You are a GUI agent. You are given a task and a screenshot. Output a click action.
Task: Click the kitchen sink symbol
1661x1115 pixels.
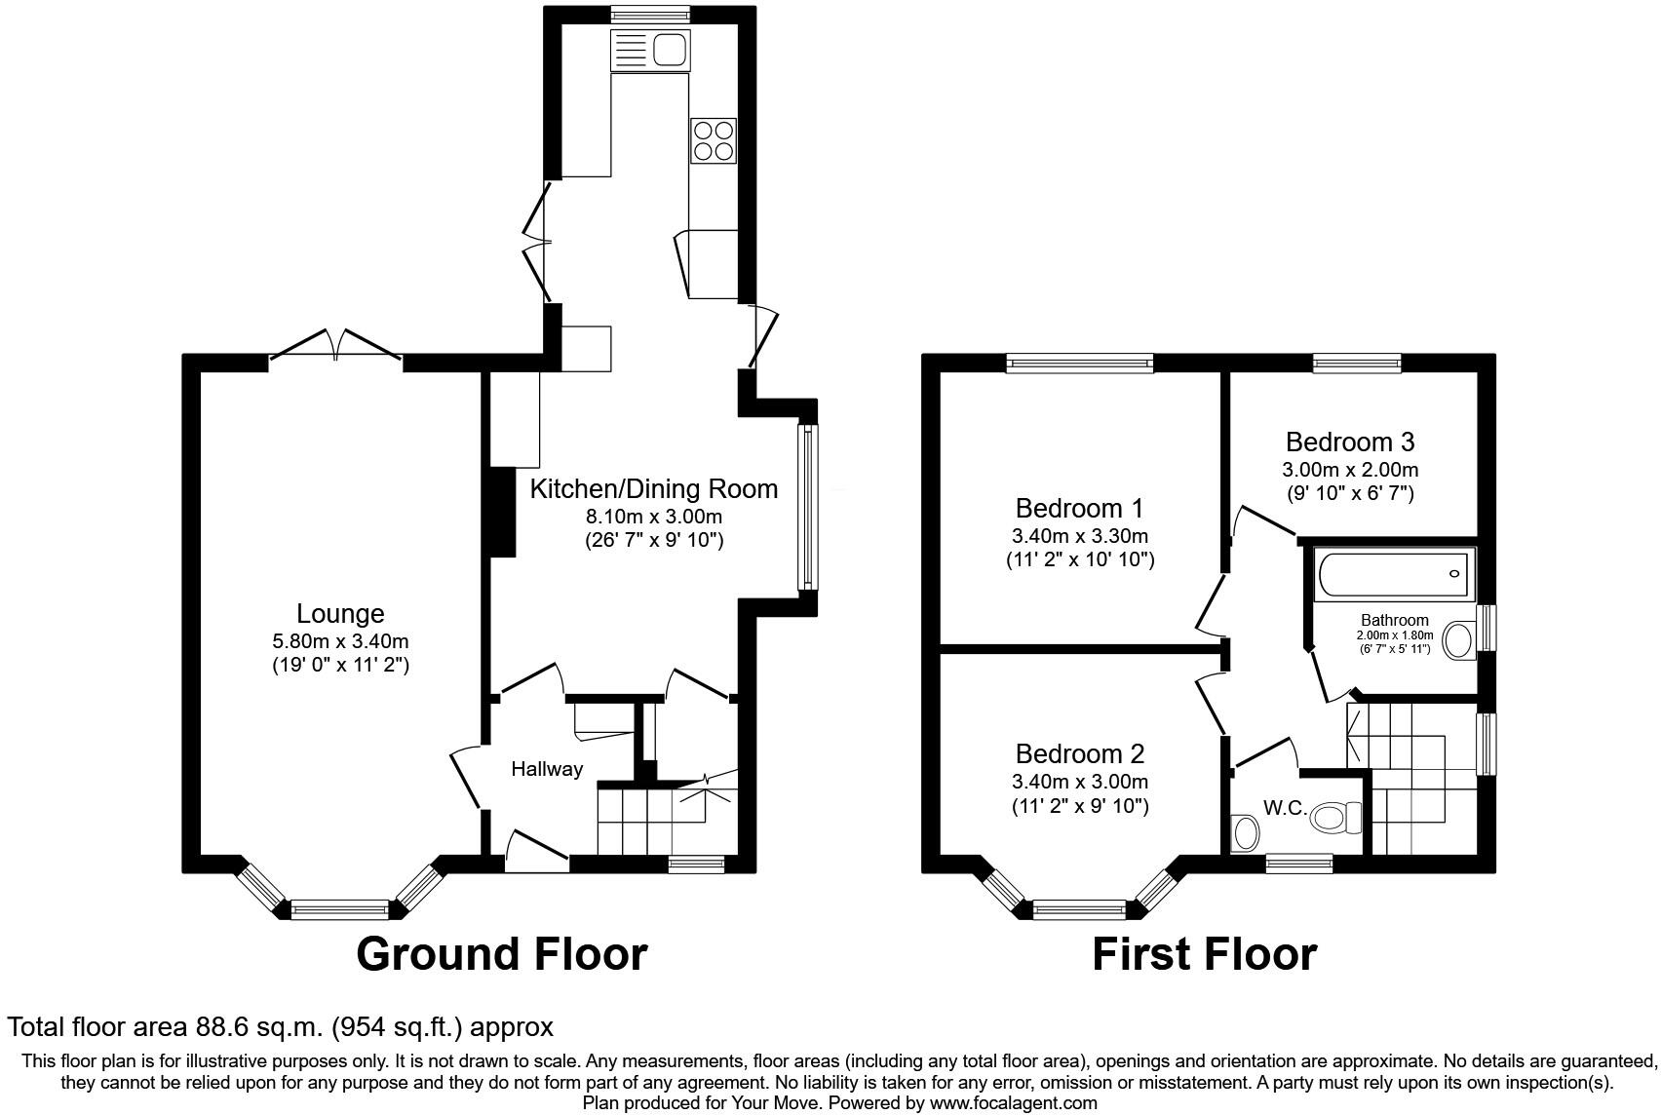(x=649, y=49)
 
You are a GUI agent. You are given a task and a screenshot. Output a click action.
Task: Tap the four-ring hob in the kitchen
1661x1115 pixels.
(x=713, y=140)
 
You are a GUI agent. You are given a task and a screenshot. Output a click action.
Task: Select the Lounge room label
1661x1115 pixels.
(x=340, y=613)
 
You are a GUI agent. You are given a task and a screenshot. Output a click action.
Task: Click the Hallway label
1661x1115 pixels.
(x=547, y=769)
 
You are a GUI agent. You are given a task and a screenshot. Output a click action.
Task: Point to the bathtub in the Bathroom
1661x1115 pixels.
(x=1394, y=574)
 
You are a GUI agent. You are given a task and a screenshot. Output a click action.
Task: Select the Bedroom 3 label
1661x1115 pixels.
(x=1349, y=442)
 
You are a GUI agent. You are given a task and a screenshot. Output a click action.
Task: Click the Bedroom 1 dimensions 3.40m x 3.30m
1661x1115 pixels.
(x=1079, y=536)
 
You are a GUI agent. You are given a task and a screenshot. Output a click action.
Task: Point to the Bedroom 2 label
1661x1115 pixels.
(x=1079, y=753)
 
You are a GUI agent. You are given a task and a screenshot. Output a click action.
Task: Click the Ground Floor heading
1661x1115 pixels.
(x=501, y=953)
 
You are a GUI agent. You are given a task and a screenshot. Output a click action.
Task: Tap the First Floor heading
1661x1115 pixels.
(x=1204, y=953)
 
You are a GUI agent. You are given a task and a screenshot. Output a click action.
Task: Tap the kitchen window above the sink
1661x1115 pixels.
(x=649, y=14)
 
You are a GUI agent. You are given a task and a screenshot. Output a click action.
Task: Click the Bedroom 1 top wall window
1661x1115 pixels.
(x=1079, y=364)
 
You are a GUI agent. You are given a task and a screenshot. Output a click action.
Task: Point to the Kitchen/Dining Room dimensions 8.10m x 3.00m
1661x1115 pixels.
(x=653, y=516)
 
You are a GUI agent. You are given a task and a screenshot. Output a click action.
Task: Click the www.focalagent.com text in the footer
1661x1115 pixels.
(x=1013, y=1103)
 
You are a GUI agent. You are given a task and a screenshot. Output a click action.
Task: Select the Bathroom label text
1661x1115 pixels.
(x=1394, y=620)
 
